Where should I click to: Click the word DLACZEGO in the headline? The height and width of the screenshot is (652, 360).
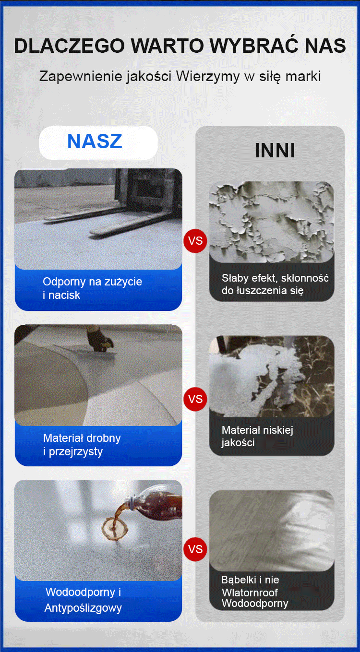69,46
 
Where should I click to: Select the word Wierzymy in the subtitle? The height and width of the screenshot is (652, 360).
208,77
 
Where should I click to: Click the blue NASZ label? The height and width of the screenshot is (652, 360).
95,142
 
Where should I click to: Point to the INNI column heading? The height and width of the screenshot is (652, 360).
275,151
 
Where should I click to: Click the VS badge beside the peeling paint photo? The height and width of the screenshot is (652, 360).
195,241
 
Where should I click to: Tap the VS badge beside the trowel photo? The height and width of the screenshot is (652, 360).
195,399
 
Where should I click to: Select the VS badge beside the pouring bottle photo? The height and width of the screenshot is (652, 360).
195,549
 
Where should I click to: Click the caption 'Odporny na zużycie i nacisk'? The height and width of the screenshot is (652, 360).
92,288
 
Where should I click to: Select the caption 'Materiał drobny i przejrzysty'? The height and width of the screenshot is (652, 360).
82,444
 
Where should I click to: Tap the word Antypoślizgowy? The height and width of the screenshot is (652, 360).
83,608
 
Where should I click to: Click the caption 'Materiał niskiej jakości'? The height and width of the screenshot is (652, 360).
257,436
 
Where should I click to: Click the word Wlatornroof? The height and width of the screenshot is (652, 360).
250,593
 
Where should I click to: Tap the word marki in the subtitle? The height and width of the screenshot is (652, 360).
303,76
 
